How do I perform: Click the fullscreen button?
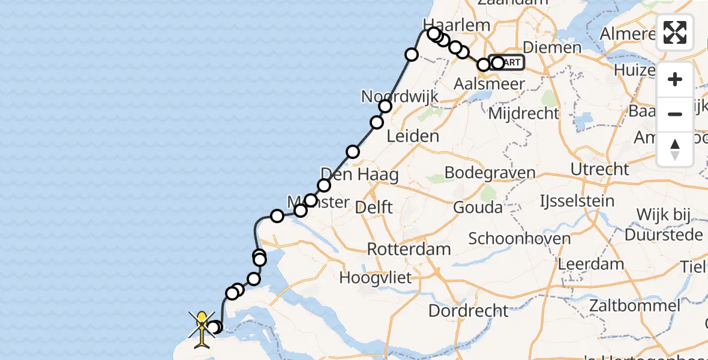(x=675, y=32)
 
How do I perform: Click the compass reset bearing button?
(x=675, y=149)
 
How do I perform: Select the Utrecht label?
(x=599, y=169)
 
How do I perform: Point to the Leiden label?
(x=412, y=136)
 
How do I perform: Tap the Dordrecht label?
(x=469, y=310)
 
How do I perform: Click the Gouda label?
(x=478, y=208)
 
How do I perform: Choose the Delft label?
(x=374, y=208)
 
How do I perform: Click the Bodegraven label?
(x=490, y=173)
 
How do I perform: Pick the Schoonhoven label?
(x=519, y=238)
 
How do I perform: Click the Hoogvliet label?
(x=376, y=278)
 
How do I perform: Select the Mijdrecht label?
(x=524, y=113)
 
